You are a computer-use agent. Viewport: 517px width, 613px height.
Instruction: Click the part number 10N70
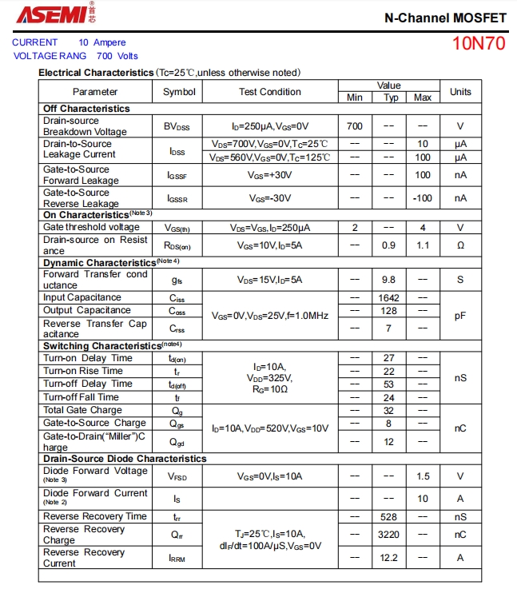click(x=479, y=43)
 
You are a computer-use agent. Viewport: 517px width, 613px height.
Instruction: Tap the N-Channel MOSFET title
click(x=445, y=17)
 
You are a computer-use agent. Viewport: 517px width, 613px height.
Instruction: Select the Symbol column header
click(x=179, y=91)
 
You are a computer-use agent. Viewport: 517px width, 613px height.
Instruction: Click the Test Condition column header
click(x=270, y=91)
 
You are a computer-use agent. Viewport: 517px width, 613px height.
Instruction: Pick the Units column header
click(x=460, y=91)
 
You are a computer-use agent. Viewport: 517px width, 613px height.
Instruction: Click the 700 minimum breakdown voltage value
click(x=355, y=126)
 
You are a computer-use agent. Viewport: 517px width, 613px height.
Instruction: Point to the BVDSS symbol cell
click(x=177, y=126)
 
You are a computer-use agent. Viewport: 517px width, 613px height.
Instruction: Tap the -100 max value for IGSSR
click(x=423, y=198)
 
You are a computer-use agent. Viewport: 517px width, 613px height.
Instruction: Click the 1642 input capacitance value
click(x=388, y=298)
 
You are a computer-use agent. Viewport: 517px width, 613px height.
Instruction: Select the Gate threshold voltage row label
click(x=91, y=227)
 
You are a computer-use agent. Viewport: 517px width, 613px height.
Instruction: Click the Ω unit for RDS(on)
click(x=460, y=245)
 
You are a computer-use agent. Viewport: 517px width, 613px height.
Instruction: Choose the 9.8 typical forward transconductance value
click(x=388, y=280)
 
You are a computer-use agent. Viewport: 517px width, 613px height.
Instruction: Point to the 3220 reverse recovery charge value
click(x=388, y=535)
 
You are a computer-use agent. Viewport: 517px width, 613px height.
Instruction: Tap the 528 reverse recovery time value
click(x=388, y=517)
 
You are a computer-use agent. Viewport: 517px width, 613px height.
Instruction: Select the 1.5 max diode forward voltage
click(x=423, y=476)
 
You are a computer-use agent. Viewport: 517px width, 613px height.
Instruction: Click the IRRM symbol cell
click(x=177, y=559)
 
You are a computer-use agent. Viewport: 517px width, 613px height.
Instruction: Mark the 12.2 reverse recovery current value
click(x=388, y=558)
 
